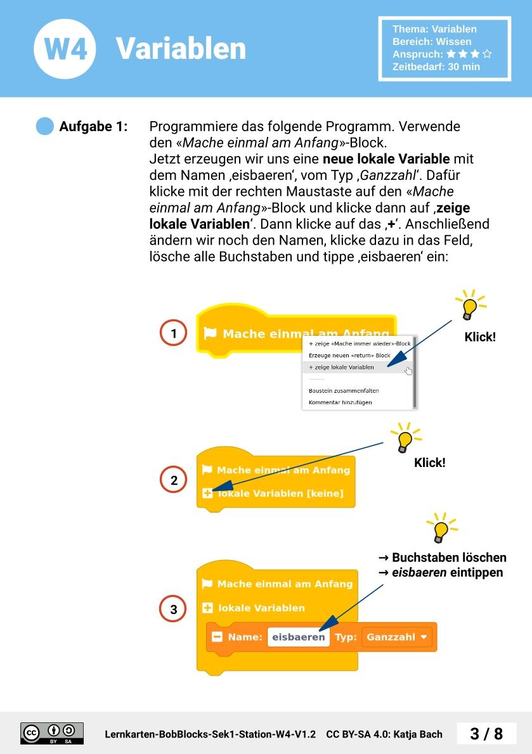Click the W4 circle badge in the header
coord(65,49)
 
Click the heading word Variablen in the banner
coord(181,49)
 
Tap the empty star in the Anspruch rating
coord(487,54)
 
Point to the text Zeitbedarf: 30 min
coord(436,67)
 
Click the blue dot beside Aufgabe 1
coord(44,127)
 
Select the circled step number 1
coord(173,333)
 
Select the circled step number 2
coord(174,480)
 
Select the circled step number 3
coord(174,610)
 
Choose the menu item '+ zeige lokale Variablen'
coord(342,367)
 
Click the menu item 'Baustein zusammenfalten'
coord(344,390)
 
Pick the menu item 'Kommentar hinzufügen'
coord(340,402)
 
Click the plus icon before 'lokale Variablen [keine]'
coord(207,493)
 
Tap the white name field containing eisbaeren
coord(298,637)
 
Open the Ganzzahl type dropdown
coord(397,637)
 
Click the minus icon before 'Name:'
coord(217,637)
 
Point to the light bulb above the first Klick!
coord(470,306)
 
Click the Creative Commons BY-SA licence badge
coord(52,733)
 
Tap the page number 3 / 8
coord(486,734)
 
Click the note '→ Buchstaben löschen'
coord(442,558)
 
